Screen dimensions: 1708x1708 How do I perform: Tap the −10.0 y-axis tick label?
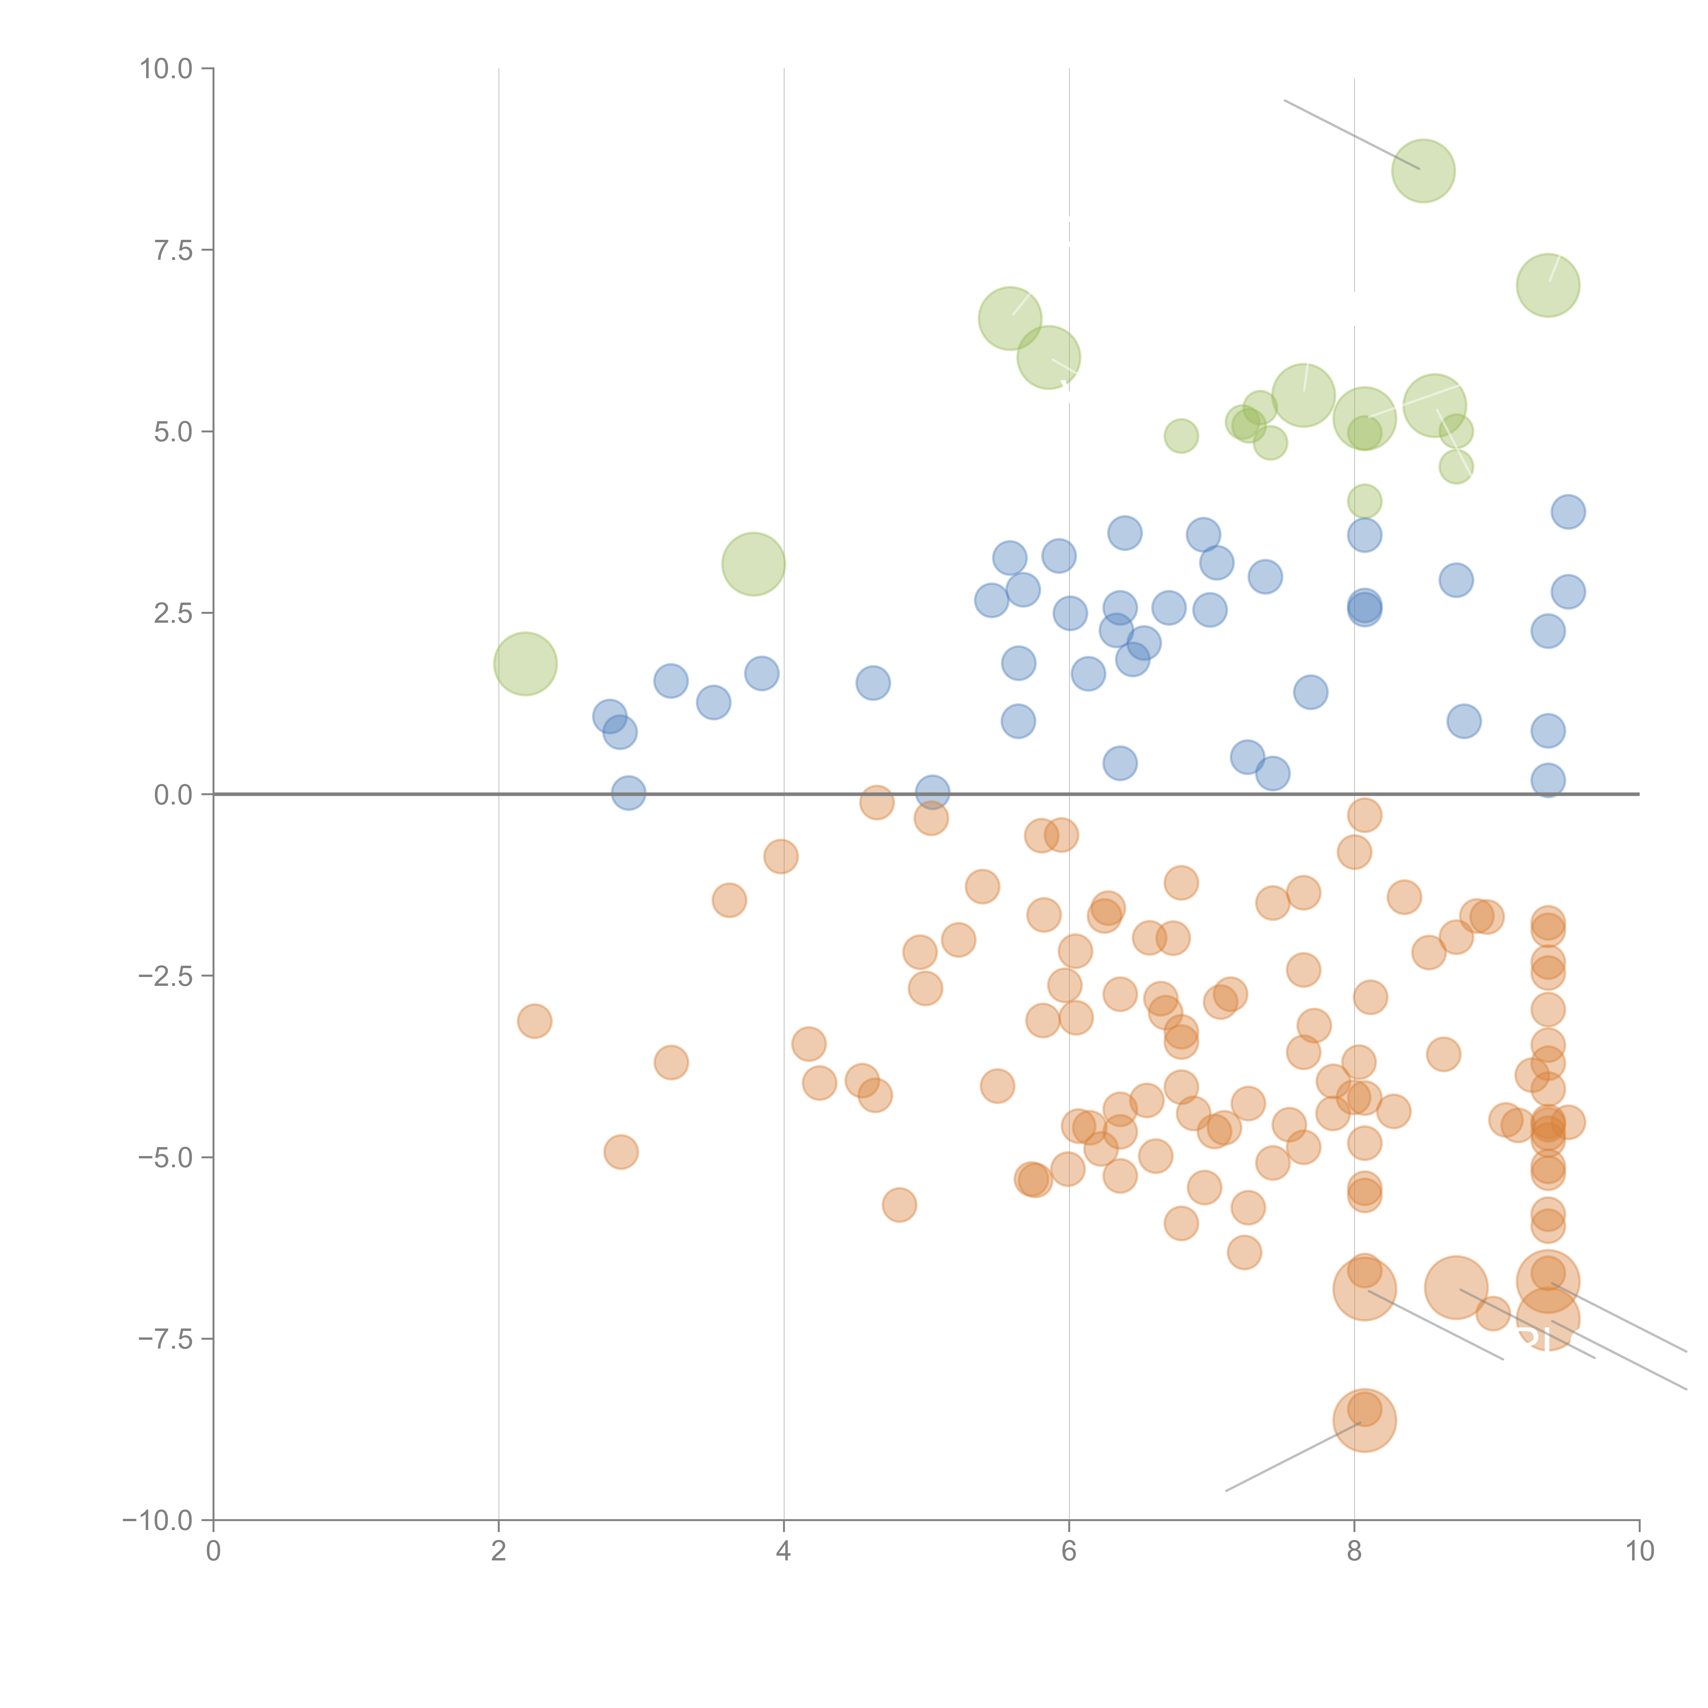157,1520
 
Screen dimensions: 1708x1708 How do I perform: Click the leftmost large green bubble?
525,664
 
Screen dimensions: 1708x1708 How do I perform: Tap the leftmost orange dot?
534,1021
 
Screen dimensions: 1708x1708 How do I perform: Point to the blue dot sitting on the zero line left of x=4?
628,793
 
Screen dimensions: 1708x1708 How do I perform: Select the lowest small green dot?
1364,501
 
